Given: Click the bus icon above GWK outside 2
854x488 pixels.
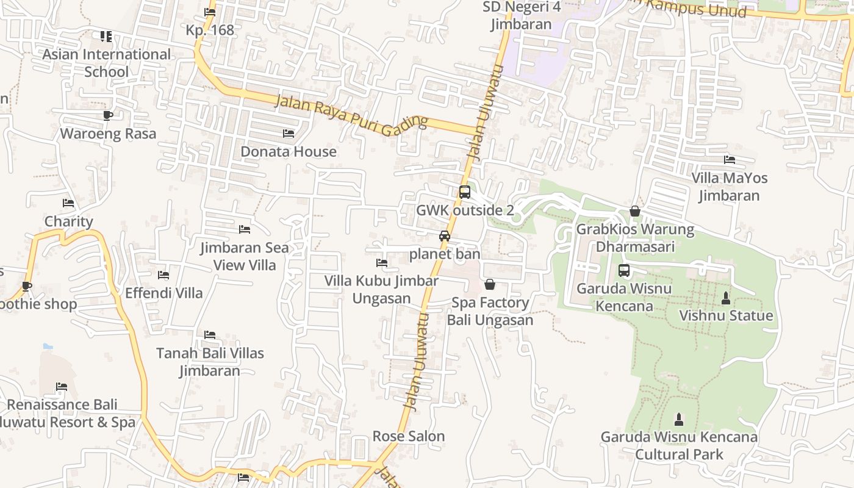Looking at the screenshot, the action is pyautogui.click(x=464, y=192).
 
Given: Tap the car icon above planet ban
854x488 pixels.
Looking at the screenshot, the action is pyautogui.click(x=445, y=236).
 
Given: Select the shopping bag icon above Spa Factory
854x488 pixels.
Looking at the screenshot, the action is pyautogui.click(x=489, y=284).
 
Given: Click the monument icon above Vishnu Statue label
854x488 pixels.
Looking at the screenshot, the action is pyautogui.click(x=726, y=298).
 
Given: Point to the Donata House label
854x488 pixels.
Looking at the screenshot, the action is pyautogui.click(x=289, y=151).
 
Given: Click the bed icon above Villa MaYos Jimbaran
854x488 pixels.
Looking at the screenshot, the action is pyautogui.click(x=729, y=160).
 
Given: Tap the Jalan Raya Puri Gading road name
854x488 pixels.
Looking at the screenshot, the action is pyautogui.click(x=351, y=115).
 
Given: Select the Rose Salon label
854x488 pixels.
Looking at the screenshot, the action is pyautogui.click(x=409, y=436).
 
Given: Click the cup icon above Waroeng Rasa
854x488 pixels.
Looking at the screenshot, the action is pyautogui.click(x=108, y=115).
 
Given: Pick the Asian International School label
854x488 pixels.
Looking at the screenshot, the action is pyautogui.click(x=107, y=63).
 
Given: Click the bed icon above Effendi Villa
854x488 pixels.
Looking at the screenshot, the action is pyautogui.click(x=163, y=275).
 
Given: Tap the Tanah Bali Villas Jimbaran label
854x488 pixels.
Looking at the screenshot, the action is pyautogui.click(x=210, y=362).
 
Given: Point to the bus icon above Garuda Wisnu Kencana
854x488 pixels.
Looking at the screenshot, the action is pyautogui.click(x=624, y=270).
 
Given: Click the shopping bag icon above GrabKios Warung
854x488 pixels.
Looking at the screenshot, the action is pyautogui.click(x=635, y=211).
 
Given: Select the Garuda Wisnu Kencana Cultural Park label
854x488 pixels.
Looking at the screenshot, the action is pyautogui.click(x=679, y=445).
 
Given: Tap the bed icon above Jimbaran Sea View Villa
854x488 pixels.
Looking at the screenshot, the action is pyautogui.click(x=245, y=229).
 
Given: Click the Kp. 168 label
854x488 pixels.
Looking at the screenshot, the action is pyautogui.click(x=210, y=30).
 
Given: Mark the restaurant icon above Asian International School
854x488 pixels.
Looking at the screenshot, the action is pyautogui.click(x=106, y=37).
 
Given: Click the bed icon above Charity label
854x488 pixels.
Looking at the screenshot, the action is pyautogui.click(x=68, y=203).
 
